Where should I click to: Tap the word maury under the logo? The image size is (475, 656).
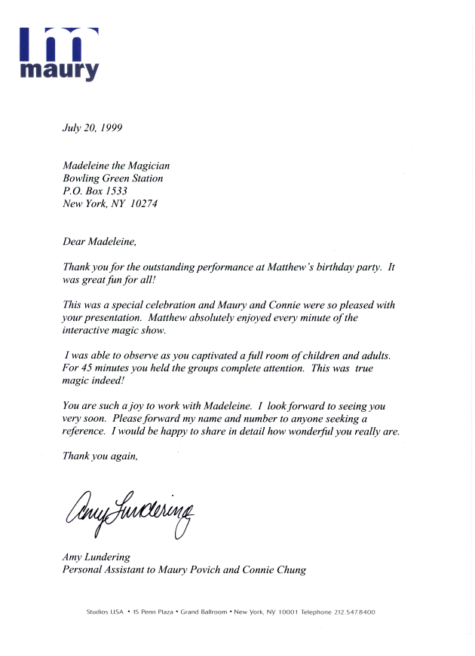59,72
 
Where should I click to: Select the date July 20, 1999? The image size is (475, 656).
91,127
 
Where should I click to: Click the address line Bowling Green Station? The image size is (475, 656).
112,178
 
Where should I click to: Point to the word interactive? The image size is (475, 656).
87,331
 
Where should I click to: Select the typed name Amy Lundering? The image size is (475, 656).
96,557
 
